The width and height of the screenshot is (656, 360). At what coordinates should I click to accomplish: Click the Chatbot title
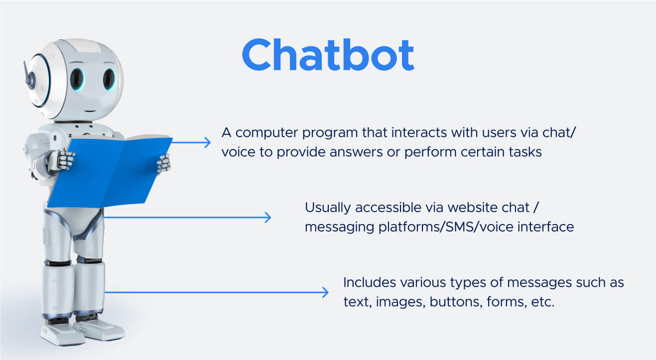pyautogui.click(x=328, y=55)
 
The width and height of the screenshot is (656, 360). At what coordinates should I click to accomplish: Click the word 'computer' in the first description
pyautogui.click(x=267, y=133)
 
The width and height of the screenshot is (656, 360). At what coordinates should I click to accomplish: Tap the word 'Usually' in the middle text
pyautogui.click(x=328, y=208)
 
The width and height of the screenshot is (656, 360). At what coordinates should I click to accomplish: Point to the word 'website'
pyautogui.click(x=472, y=208)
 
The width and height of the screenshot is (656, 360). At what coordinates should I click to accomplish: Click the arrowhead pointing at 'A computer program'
pyautogui.click(x=208, y=142)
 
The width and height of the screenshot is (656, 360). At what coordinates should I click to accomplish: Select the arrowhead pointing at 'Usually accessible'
pyautogui.click(x=267, y=218)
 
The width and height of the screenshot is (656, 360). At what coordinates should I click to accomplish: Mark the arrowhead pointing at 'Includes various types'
pyautogui.click(x=325, y=292)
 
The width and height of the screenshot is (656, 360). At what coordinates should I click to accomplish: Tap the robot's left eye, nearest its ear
pyautogui.click(x=77, y=79)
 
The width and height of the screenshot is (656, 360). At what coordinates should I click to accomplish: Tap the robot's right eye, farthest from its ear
pyautogui.click(x=109, y=79)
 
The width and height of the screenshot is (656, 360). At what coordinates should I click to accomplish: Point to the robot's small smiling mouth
pyautogui.click(x=90, y=111)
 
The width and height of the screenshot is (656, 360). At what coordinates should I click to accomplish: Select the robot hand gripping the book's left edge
pyautogui.click(x=65, y=159)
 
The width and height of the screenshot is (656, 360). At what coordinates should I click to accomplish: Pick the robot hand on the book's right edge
pyautogui.click(x=164, y=164)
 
